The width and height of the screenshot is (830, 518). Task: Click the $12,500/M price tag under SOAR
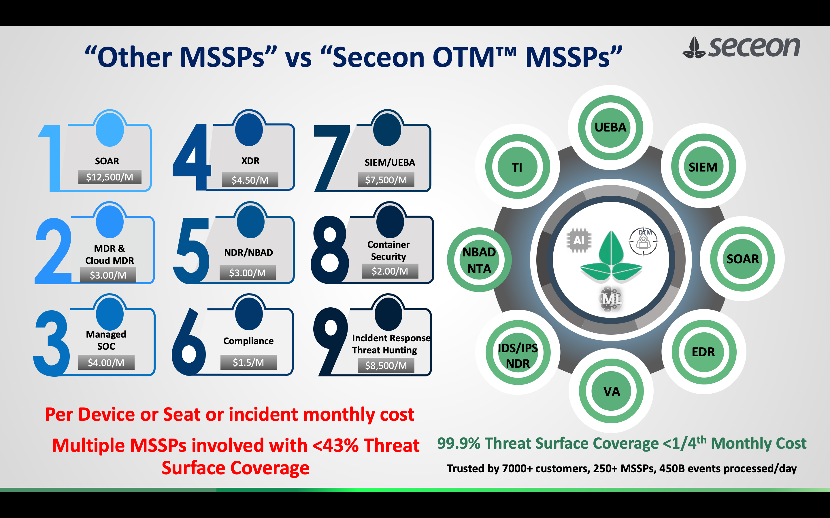tap(110, 177)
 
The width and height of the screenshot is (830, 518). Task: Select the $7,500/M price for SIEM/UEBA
tap(386, 180)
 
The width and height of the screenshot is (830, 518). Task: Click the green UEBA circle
tap(610, 127)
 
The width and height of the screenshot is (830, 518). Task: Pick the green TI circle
tap(517, 167)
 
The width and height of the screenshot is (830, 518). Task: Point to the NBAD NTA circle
tap(479, 260)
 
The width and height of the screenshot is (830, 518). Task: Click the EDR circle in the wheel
tap(703, 352)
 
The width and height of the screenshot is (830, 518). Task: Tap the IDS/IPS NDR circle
tap(518, 356)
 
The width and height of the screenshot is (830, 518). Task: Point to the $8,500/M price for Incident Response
tap(386, 365)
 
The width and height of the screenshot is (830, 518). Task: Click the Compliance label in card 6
tap(248, 341)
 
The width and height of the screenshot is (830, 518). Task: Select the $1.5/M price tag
tap(248, 362)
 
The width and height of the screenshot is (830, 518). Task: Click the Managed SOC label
tap(106, 340)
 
